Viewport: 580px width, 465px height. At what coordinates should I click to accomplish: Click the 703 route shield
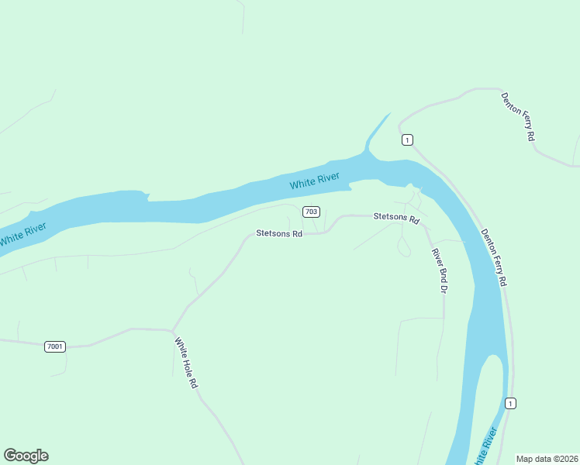point(311,212)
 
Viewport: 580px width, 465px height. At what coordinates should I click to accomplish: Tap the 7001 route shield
point(55,346)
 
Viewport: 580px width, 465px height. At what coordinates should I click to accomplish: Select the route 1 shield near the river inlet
point(407,139)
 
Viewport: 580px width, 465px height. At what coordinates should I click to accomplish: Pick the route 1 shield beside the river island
point(509,403)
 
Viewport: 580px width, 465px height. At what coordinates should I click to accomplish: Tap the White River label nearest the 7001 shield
point(22,234)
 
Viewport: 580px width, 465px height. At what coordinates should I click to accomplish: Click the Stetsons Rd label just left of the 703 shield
point(279,233)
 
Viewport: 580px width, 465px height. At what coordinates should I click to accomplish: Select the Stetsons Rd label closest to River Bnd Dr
point(396,218)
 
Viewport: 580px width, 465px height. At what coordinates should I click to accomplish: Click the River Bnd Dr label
point(440,270)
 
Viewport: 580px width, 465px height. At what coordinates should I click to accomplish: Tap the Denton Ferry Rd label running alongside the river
point(493,257)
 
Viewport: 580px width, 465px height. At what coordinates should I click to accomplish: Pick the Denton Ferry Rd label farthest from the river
point(519,116)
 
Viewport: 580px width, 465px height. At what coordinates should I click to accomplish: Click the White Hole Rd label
point(186,362)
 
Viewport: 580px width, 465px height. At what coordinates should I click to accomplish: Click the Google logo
point(26,456)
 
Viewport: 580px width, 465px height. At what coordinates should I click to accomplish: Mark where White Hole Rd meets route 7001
point(171,330)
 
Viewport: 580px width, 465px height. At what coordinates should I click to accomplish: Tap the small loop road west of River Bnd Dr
point(403,247)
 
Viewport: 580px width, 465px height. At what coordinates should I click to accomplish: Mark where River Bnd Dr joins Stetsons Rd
point(425,227)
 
